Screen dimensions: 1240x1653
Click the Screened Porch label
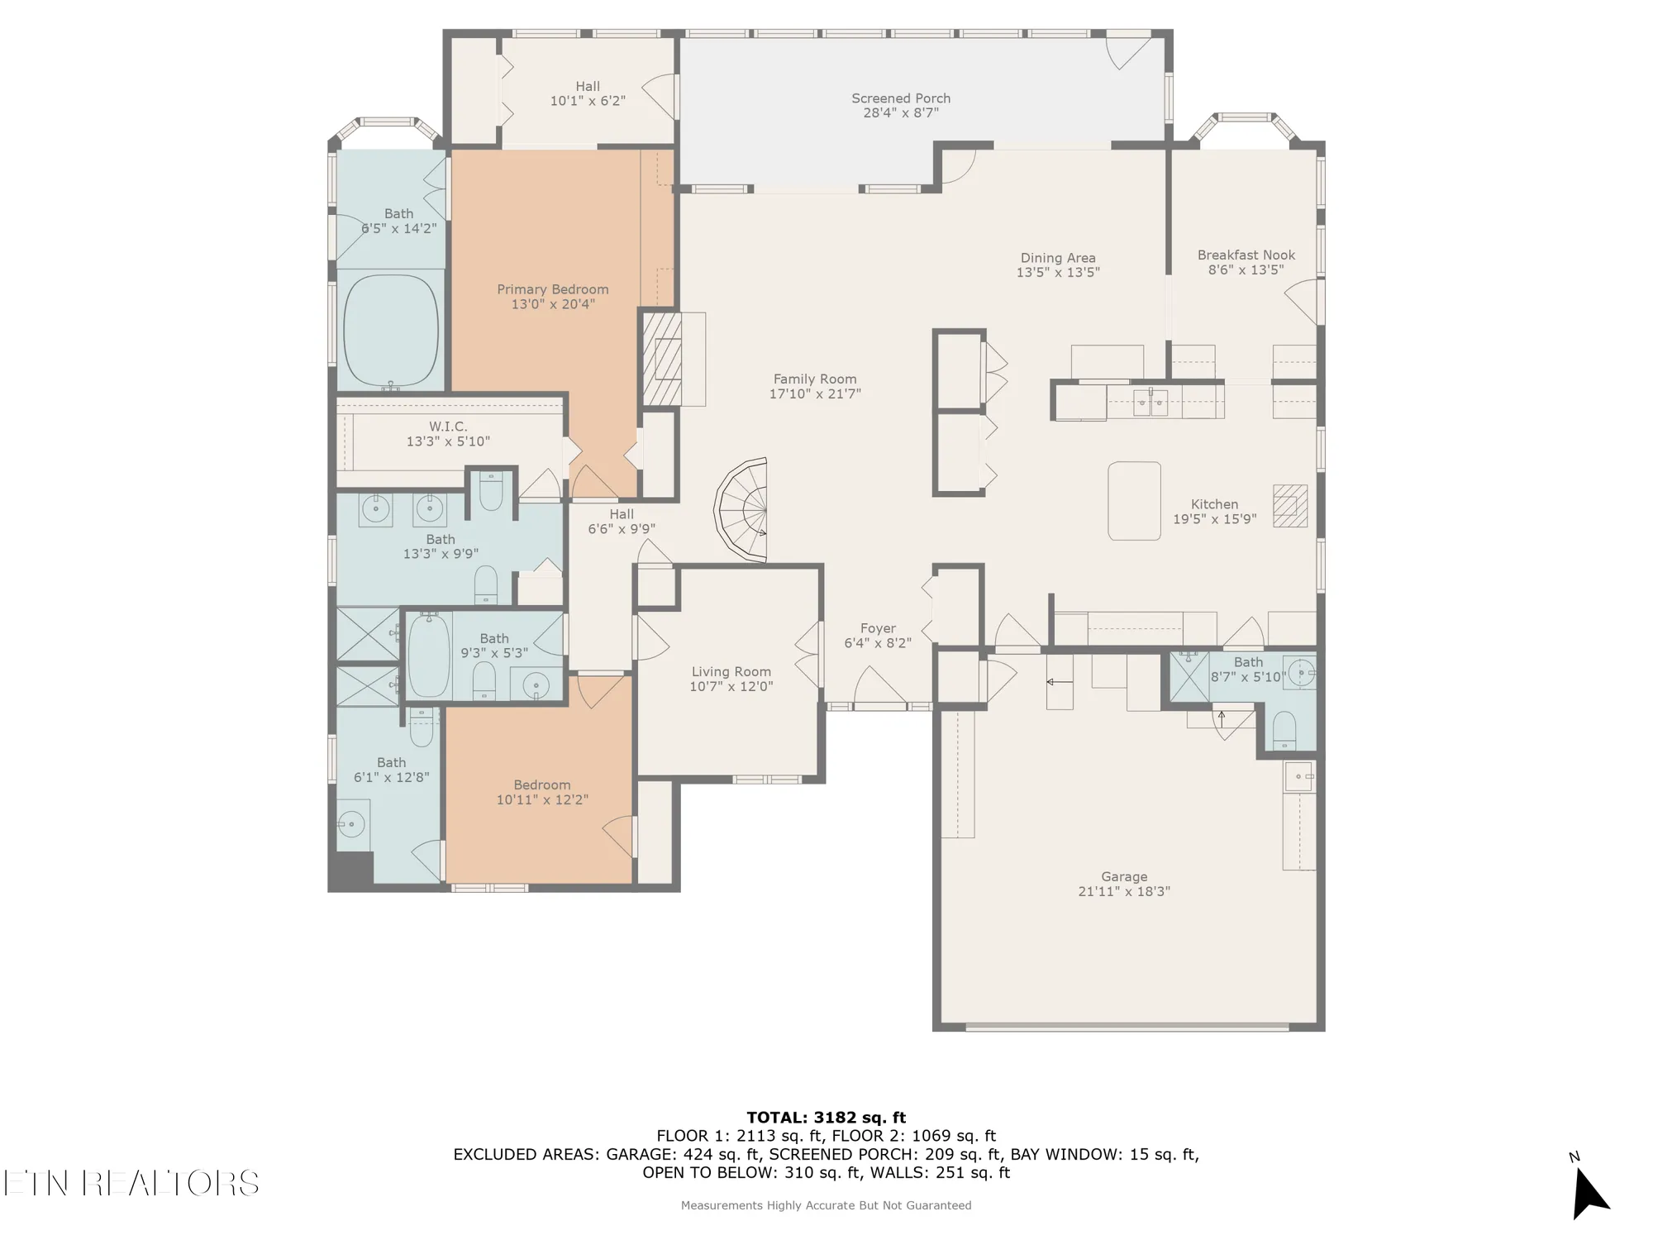901,98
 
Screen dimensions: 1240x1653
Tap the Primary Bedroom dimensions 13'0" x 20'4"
553,304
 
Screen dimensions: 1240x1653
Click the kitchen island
1134,501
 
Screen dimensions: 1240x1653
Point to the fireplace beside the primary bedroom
663,359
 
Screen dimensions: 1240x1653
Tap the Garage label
1124,876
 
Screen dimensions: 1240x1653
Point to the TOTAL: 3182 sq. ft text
826,1118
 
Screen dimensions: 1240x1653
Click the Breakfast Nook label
1246,255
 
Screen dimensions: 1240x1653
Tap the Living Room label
731,672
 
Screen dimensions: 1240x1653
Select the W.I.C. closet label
448,427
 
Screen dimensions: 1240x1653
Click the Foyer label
878,628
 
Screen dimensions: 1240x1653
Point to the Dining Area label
1058,258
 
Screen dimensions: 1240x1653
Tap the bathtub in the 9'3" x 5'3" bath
429,656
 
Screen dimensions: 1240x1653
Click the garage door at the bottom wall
1127,1027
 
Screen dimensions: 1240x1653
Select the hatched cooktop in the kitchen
1289,506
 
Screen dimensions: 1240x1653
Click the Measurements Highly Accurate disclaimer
826,1205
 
